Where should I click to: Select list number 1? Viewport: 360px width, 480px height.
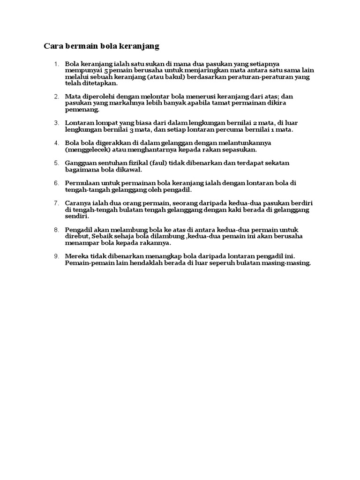click(56, 64)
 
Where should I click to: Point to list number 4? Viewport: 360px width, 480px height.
click(56, 142)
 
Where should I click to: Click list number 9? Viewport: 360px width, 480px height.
click(56, 256)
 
